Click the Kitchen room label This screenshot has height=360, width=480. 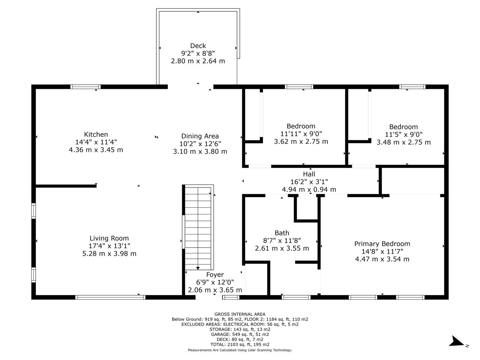(x=96, y=134)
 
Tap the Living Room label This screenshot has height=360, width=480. (x=109, y=238)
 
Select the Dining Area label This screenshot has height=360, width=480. (x=200, y=136)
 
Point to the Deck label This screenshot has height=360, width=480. (x=198, y=46)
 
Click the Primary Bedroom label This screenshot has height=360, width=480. (x=382, y=243)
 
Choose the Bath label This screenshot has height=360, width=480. (x=282, y=233)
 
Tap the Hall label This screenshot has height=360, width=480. (x=309, y=174)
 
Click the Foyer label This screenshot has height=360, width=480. (x=215, y=274)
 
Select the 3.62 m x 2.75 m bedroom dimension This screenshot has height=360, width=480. (x=301, y=141)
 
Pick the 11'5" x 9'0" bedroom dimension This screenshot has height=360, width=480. (x=403, y=134)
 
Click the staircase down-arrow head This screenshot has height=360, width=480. (x=198, y=268)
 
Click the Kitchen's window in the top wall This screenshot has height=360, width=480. (x=85, y=87)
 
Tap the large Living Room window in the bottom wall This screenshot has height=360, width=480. (x=110, y=297)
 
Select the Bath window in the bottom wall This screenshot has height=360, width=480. (x=296, y=297)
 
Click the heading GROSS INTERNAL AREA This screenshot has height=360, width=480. (x=240, y=314)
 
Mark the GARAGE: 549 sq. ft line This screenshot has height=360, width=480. (x=240, y=334)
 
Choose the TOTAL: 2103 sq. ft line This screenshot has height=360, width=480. (x=240, y=345)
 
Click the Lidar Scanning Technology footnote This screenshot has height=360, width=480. (x=240, y=350)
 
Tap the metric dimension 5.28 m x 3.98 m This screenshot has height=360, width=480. (x=109, y=253)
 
